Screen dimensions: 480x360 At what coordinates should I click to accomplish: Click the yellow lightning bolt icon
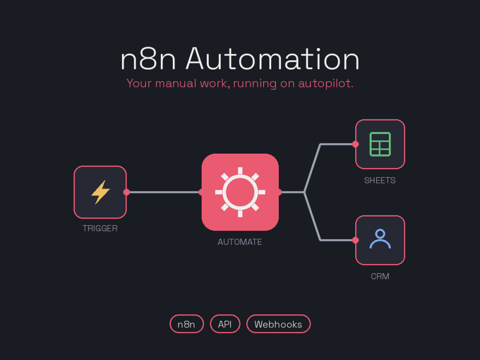click(100, 192)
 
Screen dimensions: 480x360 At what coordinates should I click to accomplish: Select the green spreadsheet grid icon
click(380, 144)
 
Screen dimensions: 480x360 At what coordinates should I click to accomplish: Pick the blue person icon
click(380, 239)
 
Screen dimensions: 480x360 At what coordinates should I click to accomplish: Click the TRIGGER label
click(100, 228)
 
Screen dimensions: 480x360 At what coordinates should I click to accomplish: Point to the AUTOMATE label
click(240, 242)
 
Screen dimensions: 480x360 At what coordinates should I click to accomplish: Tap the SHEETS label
click(380, 180)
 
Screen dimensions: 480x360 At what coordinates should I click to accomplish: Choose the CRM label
click(380, 276)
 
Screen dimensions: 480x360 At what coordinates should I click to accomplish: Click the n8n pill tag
click(187, 324)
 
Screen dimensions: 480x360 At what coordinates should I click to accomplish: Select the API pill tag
click(225, 324)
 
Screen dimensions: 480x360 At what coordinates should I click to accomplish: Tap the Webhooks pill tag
click(278, 324)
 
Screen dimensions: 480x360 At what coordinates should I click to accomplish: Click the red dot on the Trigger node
click(126, 192)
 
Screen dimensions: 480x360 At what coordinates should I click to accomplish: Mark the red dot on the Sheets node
click(355, 144)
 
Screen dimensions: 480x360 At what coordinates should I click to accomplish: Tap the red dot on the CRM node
click(355, 240)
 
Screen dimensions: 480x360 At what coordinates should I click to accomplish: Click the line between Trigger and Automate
click(164, 192)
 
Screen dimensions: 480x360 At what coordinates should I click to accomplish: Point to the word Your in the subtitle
click(139, 83)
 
